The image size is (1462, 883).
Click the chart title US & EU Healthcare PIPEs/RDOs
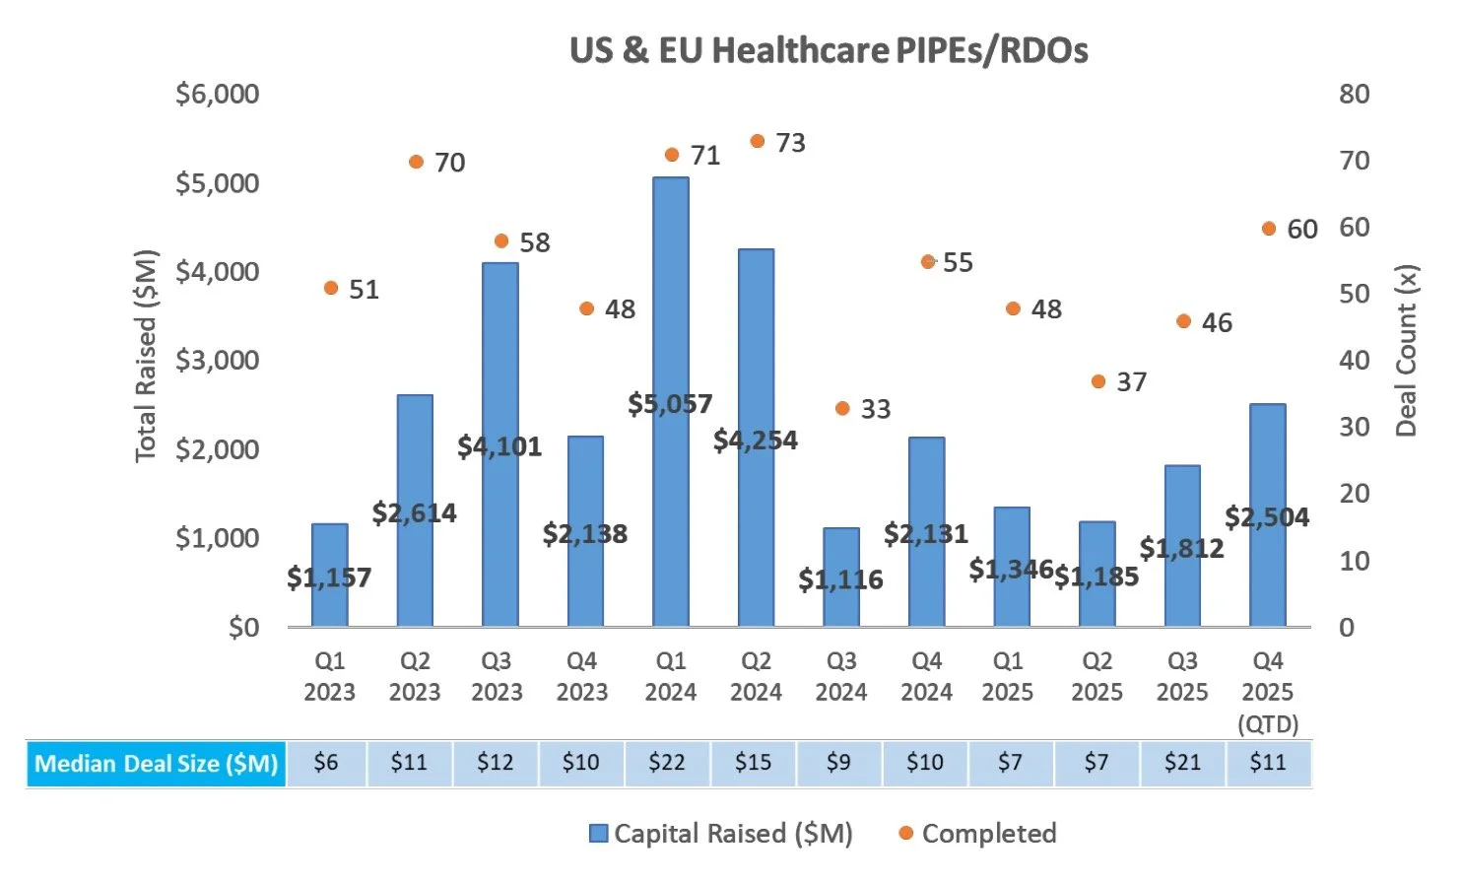(x=829, y=50)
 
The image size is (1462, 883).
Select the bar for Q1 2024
(x=671, y=296)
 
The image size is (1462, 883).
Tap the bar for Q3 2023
(x=500, y=345)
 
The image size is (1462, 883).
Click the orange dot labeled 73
(x=758, y=142)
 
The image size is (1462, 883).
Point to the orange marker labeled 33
(x=842, y=409)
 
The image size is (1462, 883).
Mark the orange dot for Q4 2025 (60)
(x=1269, y=229)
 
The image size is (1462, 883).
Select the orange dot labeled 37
(x=1098, y=382)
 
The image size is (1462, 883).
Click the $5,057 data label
(x=670, y=404)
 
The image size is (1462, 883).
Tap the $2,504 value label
(x=1267, y=517)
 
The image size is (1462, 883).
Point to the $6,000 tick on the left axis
(x=217, y=95)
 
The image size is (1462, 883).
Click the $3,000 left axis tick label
(x=217, y=361)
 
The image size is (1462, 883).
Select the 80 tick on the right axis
(x=1355, y=95)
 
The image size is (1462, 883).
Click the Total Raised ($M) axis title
(x=146, y=355)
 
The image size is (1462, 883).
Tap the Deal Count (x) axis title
(x=1406, y=351)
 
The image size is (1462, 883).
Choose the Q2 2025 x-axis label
(x=1096, y=676)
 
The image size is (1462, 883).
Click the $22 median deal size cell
(x=667, y=763)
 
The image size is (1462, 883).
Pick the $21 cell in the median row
(x=1182, y=763)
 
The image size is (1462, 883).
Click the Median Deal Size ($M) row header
(x=157, y=764)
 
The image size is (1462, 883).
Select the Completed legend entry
(x=988, y=834)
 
